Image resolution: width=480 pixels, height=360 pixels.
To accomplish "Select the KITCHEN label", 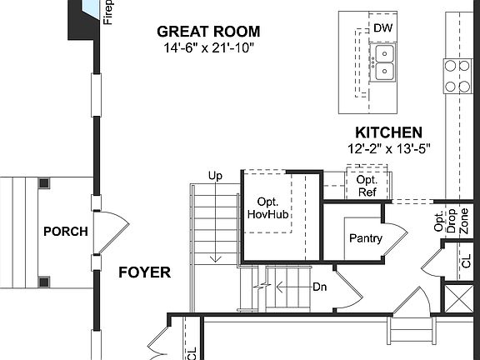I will [x=388, y=132].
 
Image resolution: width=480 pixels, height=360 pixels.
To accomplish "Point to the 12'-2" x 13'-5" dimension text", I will [x=388, y=149].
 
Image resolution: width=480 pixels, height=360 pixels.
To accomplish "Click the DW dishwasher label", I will [x=382, y=28].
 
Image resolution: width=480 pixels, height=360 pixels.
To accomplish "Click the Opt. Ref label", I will [x=367, y=184].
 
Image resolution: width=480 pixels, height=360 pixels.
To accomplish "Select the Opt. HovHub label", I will [x=267, y=207].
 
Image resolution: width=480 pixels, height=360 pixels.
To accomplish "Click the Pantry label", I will [x=365, y=238].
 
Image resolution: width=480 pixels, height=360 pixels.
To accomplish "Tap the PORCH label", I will [x=65, y=232].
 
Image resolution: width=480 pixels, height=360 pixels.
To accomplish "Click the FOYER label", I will [x=144, y=272].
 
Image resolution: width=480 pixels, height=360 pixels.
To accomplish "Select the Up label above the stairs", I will [x=215, y=176].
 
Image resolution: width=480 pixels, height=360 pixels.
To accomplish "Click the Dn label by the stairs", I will [x=319, y=287].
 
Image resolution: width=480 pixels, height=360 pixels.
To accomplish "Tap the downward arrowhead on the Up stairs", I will [x=215, y=257].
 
